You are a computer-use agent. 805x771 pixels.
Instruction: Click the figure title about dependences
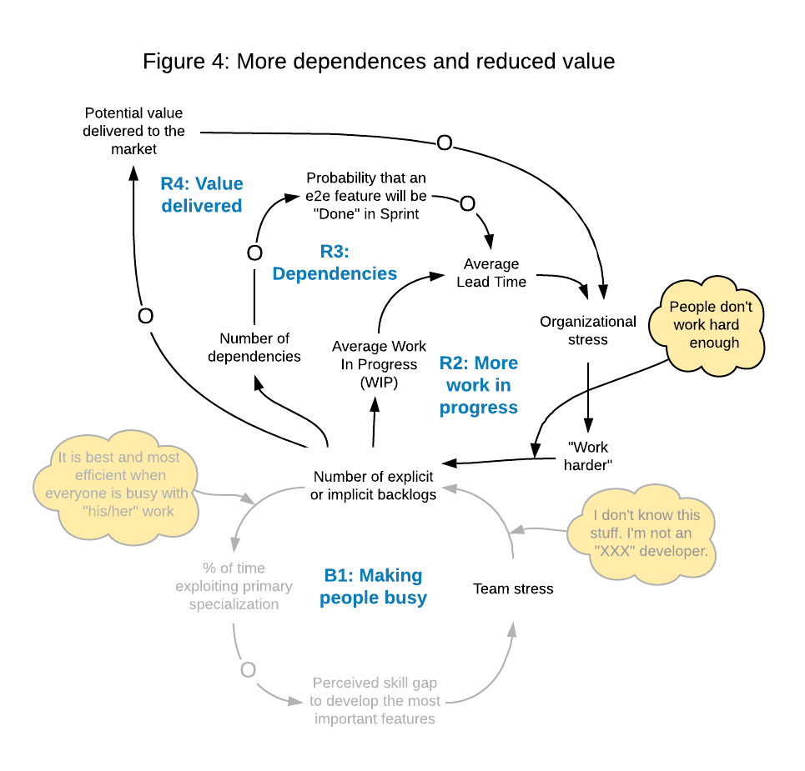point(379,62)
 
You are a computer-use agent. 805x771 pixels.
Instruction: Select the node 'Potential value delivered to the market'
point(133,131)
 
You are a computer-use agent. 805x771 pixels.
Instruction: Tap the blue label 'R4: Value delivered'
point(202,194)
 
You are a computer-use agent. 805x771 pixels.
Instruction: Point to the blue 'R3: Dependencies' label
point(335,262)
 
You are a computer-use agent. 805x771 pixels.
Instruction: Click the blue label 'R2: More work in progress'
point(479,385)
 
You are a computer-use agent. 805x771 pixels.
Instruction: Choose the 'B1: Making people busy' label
point(373,587)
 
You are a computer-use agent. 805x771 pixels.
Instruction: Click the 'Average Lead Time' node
point(491,273)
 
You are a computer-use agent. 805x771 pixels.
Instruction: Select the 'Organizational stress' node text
point(587,330)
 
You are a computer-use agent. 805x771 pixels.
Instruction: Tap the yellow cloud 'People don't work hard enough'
point(710,325)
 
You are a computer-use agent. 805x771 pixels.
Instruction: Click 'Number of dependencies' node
point(254,348)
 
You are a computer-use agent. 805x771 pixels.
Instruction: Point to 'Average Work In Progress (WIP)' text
point(379,364)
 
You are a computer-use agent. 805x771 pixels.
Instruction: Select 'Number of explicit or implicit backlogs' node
point(374,485)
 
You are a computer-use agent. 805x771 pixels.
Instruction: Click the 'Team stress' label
point(513,588)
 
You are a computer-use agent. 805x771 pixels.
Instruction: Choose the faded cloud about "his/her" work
point(118,483)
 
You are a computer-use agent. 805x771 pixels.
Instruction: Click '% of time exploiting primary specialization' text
point(234,586)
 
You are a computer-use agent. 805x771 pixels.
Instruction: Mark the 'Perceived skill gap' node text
point(375,700)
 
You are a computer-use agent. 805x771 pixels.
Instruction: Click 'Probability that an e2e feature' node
point(366,195)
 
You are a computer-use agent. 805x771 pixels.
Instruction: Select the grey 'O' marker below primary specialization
point(247,669)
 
